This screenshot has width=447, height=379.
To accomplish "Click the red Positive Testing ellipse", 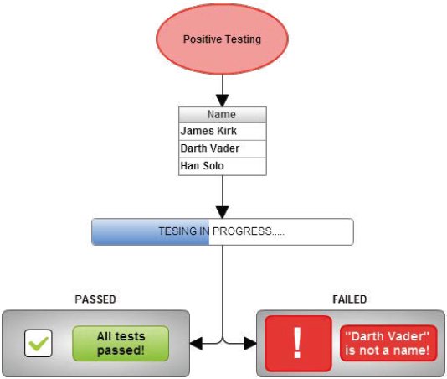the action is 222,39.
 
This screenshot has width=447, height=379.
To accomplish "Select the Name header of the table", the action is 223,115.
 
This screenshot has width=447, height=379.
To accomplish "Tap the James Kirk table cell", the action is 223,132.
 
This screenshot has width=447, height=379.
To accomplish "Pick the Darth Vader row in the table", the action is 223,148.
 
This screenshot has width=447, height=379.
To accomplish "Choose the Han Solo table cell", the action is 223,167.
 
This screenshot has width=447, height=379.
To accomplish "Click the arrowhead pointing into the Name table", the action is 223,101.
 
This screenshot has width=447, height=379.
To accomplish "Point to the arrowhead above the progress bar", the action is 223,212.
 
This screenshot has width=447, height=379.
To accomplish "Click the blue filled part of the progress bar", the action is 150,231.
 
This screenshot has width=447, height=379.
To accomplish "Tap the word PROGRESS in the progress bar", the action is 242,231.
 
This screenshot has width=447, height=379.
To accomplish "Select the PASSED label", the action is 95,299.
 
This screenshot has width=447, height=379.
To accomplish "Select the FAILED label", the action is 350,299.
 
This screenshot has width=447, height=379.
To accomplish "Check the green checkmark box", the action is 39,343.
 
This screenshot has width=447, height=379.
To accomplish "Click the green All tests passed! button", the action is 121,343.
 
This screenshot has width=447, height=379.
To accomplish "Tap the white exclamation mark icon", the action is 298,343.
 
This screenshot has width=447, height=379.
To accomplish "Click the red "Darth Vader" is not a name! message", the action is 388,343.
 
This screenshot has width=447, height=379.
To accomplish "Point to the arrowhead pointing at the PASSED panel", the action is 196,343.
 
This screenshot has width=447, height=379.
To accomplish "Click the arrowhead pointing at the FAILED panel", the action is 250,343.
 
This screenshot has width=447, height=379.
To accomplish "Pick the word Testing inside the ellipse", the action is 242,39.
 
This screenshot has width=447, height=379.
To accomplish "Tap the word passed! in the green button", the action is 121,350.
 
